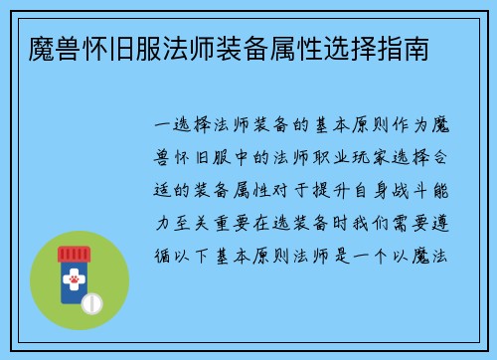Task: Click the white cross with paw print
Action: click(75, 283)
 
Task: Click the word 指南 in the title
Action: click(410, 48)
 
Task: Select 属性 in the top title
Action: click(284, 48)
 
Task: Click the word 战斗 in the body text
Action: click(411, 186)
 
